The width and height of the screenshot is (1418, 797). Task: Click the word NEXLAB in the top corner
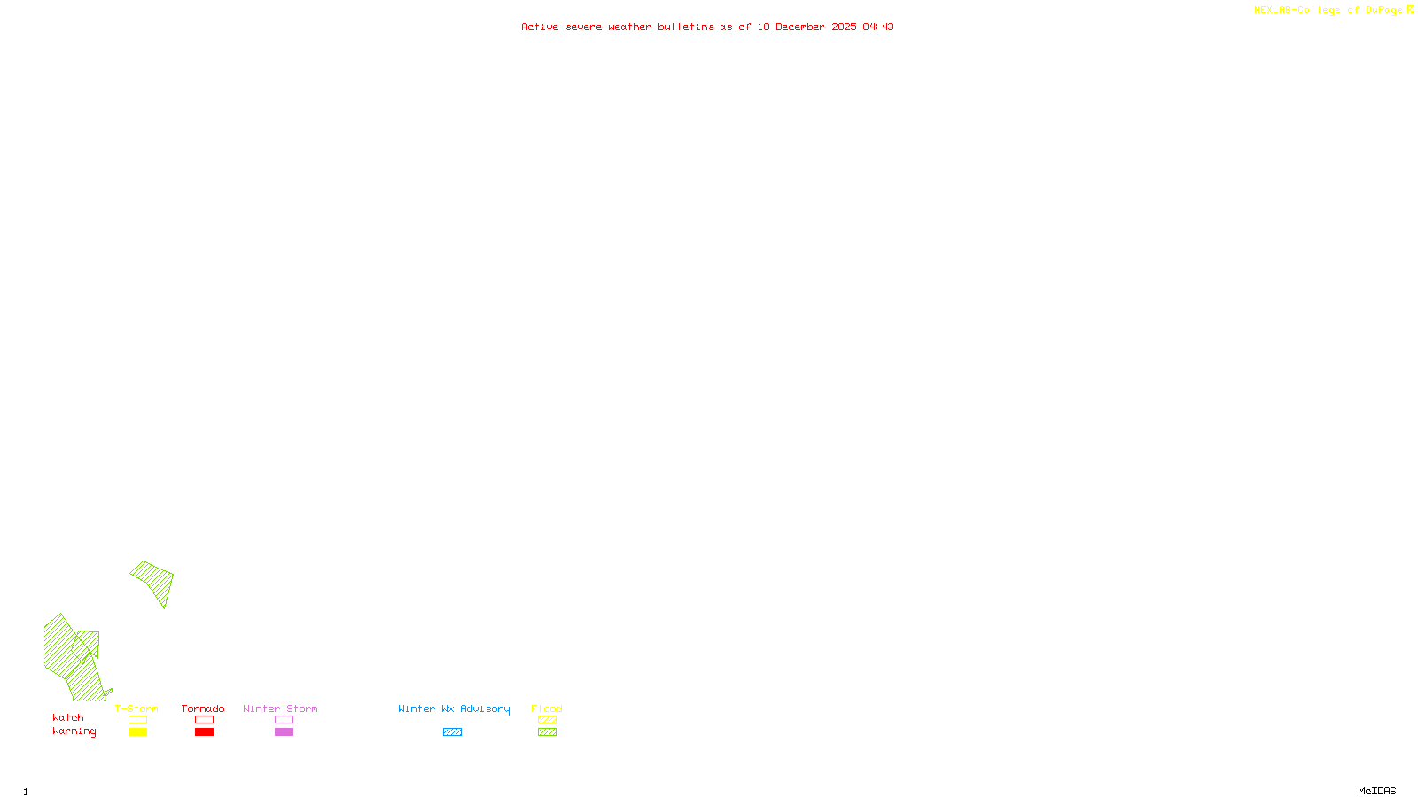coord(1273,11)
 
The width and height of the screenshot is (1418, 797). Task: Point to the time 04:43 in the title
coord(877,27)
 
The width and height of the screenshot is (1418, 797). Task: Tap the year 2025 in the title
coord(844,27)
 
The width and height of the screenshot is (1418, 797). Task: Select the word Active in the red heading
coord(540,27)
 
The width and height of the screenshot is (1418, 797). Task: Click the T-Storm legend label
coord(136,708)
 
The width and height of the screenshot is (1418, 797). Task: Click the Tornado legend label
coord(203,708)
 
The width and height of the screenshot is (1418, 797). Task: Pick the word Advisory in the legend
coord(485,708)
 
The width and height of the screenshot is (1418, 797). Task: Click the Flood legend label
coord(547,708)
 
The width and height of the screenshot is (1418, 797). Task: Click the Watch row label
coord(68,718)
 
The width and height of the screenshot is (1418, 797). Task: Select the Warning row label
coord(74,731)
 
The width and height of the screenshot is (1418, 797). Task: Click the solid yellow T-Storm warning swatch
coord(137,732)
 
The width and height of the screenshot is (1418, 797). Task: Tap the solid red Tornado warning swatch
coord(204,732)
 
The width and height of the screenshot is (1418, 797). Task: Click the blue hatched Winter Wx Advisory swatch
coord(452,732)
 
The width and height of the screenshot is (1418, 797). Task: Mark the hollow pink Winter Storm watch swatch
coord(284,720)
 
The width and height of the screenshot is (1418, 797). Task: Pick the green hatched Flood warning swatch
coord(547,732)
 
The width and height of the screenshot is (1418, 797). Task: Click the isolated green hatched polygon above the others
coord(155,579)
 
